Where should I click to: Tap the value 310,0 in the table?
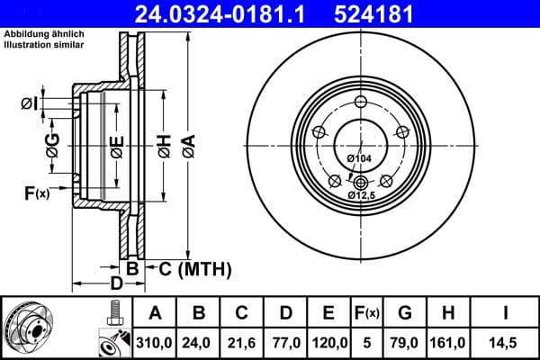click(x=156, y=342)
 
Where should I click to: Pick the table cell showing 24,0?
click(x=200, y=342)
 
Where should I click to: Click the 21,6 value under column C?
click(x=242, y=342)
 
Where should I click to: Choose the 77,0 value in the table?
click(x=285, y=342)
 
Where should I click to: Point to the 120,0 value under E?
click(x=328, y=342)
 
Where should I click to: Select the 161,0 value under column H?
click(x=449, y=342)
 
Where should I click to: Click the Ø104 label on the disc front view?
click(x=359, y=158)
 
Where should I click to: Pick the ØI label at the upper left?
click(x=29, y=103)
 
